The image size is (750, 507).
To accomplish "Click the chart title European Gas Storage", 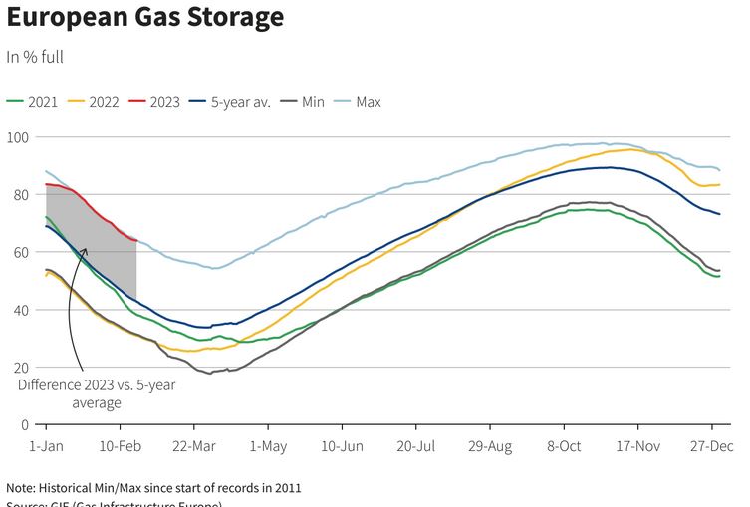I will pos(145,18).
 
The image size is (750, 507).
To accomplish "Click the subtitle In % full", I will pos(35,57).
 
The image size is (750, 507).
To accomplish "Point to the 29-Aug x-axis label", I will pos(490,447).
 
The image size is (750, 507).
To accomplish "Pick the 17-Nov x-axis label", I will pos(637,447).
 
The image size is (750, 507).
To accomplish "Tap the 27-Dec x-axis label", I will pos(711,447).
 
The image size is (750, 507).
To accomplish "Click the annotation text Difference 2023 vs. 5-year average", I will pos(97,394).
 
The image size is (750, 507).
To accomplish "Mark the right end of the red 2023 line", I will pos(135,240).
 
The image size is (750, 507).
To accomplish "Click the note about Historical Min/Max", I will pos(153,488).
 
